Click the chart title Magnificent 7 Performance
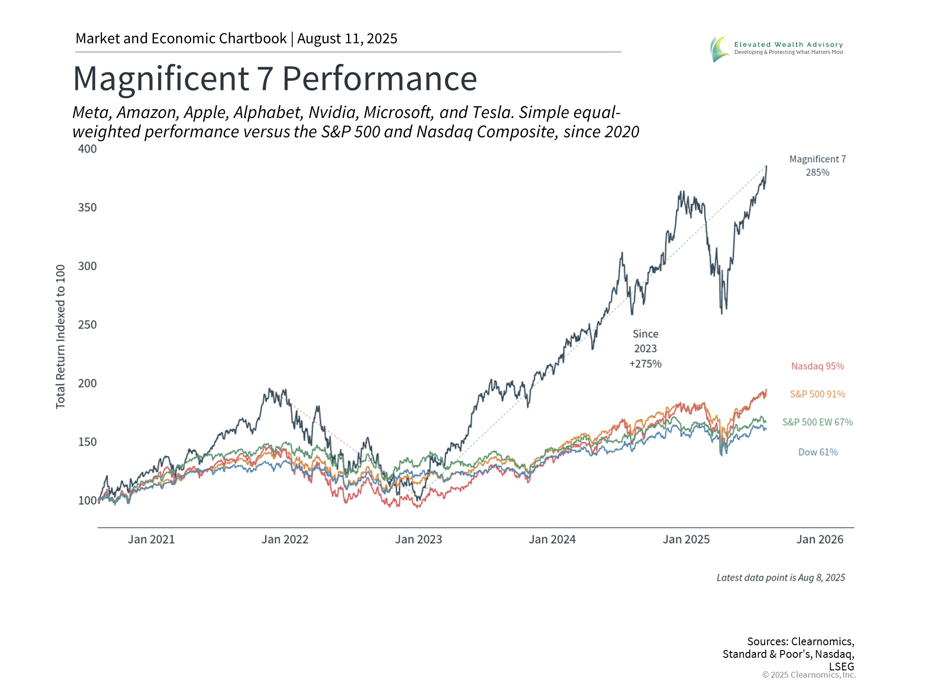[275, 78]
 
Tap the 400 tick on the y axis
[87, 149]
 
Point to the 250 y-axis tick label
[87, 325]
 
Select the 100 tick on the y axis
[87, 501]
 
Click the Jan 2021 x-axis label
[151, 539]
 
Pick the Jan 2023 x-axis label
[419, 539]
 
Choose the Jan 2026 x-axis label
[820, 539]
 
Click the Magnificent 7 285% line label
[817, 166]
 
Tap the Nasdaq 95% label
[817, 366]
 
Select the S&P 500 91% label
[817, 394]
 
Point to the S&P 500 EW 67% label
[817, 422]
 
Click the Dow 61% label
[818, 452]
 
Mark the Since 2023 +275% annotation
[645, 349]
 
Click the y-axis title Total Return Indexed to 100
[60, 336]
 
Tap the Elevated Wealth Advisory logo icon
[720, 49]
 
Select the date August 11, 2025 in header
[347, 39]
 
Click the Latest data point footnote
[781, 578]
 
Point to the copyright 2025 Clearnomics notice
[809, 675]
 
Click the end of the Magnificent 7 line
[767, 166]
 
